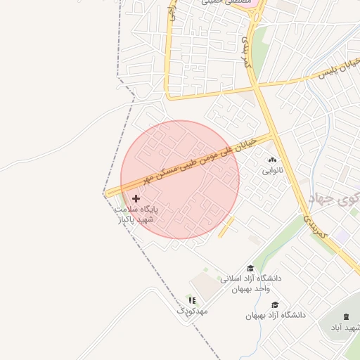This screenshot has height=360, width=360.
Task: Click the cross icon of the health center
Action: click(x=136, y=199)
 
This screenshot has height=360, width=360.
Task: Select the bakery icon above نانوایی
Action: click(x=271, y=160)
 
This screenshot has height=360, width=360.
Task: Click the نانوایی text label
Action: click(x=271, y=171)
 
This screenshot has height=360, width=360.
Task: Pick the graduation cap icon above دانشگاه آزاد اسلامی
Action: click(x=250, y=268)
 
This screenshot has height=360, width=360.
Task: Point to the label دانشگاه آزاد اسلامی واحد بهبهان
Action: click(x=250, y=283)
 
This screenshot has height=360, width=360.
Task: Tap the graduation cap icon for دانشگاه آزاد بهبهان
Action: click(x=276, y=304)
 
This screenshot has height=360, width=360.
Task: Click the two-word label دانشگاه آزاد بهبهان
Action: click(x=276, y=315)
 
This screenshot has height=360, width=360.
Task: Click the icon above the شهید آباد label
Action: click(x=346, y=319)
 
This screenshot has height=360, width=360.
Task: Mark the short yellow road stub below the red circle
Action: click(x=226, y=227)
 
